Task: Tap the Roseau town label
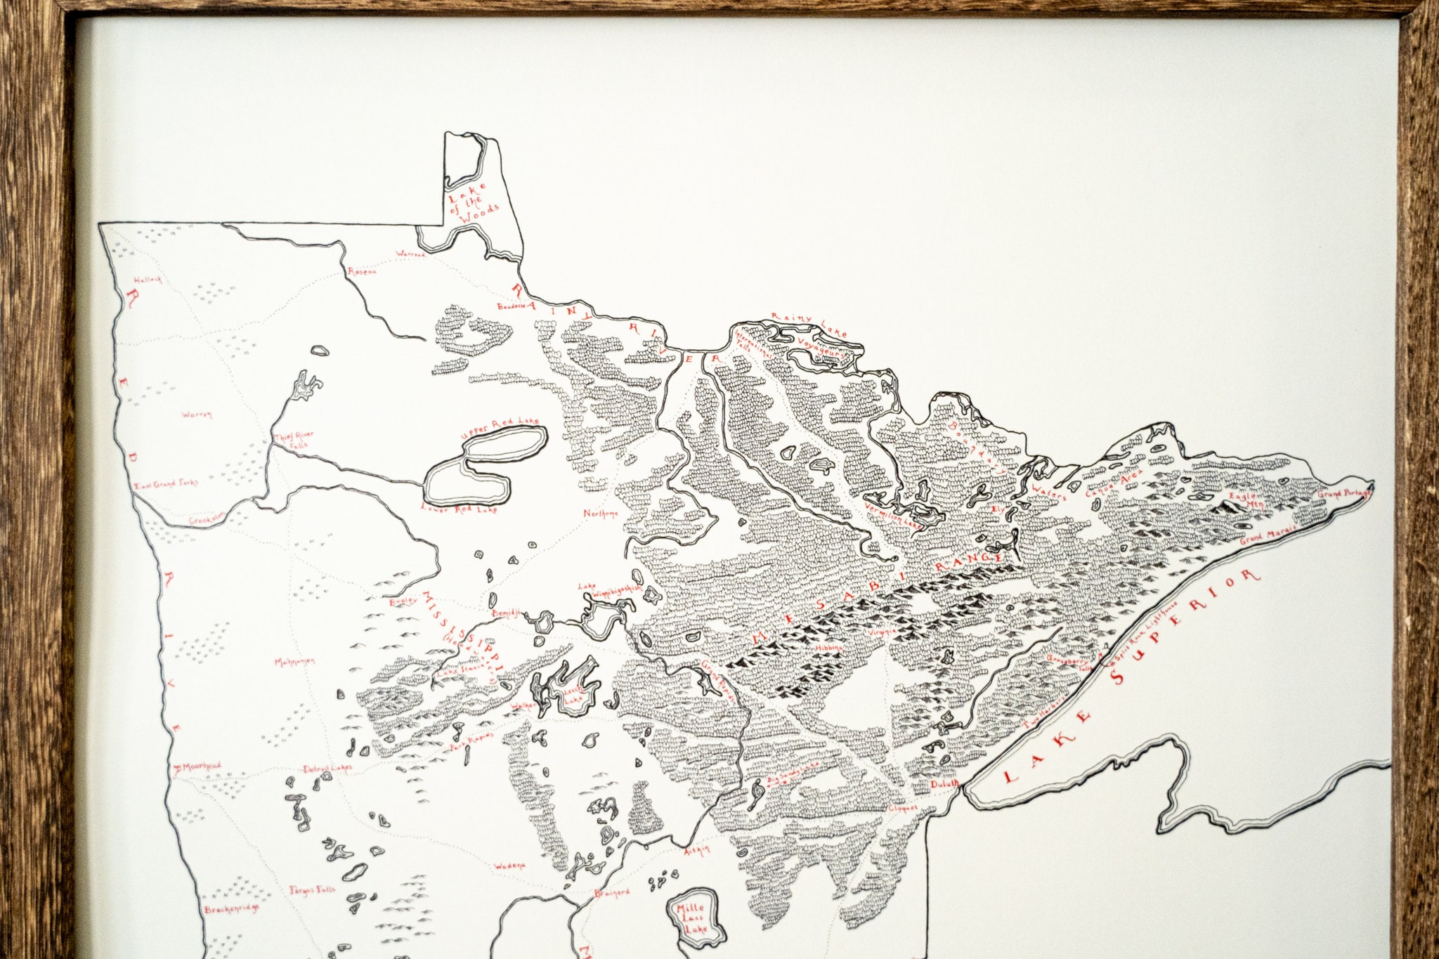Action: tap(363, 271)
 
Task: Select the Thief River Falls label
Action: tap(294, 441)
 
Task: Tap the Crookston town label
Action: tap(207, 520)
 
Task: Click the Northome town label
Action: tap(601, 514)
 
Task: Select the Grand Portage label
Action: tap(1343, 494)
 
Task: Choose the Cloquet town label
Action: tap(902, 808)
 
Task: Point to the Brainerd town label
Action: tap(611, 892)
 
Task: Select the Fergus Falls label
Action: tap(313, 890)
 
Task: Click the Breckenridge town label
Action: tap(231, 908)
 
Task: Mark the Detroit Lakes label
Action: tap(327, 768)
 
